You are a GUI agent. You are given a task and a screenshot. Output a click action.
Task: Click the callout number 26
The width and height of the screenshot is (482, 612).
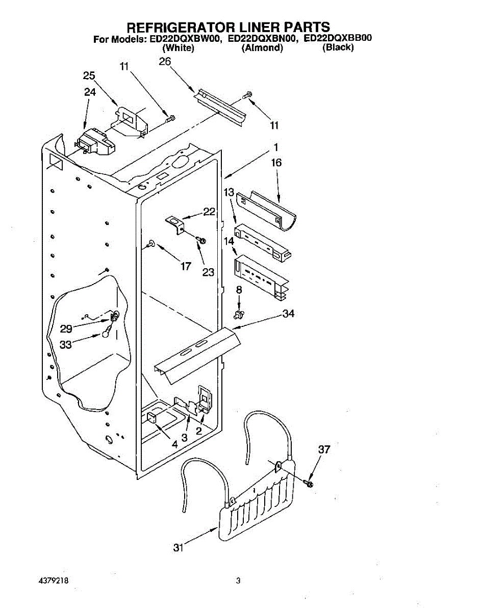click(165, 61)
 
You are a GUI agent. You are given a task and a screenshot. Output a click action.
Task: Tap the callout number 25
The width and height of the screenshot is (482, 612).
click(89, 75)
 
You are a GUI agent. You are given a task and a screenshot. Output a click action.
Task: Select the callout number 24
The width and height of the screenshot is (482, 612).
click(90, 92)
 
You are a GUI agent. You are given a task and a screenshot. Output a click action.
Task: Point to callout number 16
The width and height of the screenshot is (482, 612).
click(276, 163)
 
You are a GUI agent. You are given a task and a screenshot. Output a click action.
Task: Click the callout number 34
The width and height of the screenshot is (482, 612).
click(289, 313)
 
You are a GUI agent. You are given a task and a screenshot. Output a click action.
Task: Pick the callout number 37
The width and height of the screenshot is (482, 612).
click(324, 450)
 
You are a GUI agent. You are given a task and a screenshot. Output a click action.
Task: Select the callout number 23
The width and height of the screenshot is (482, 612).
click(208, 272)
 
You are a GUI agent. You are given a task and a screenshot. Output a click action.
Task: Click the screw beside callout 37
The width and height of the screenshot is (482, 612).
click(309, 482)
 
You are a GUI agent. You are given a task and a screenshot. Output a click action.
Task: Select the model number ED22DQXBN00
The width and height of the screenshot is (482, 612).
click(262, 38)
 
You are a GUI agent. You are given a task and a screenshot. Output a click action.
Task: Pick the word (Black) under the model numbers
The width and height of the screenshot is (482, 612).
click(338, 48)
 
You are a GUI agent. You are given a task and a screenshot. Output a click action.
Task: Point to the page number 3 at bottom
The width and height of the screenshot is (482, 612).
click(238, 581)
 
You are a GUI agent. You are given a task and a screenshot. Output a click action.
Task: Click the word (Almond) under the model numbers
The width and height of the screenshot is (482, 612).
click(262, 48)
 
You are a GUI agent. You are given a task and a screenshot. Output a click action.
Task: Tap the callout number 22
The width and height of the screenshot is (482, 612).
click(209, 212)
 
